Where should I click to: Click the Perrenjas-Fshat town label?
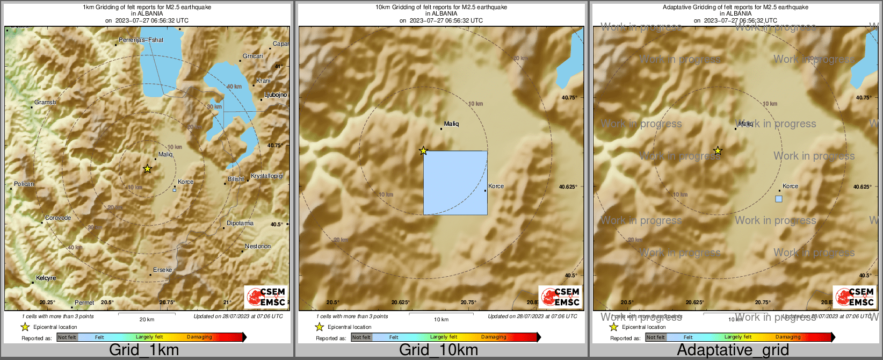141,40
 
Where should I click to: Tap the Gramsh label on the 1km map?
45,103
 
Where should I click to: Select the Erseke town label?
162,270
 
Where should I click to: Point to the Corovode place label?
57,218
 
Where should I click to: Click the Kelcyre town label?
46,278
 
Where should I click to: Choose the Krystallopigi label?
267,176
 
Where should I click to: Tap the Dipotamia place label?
240,224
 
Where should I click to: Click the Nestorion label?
258,247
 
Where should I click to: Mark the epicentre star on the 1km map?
147,169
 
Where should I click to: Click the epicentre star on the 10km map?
423,151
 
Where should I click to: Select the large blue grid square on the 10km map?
455,183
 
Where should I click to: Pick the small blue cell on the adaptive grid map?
779,199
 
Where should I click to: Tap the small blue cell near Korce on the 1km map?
174,190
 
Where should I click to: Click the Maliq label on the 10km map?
451,124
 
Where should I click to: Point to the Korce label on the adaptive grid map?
790,186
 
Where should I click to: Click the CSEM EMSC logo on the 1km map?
266,297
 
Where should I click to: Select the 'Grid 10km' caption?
438,350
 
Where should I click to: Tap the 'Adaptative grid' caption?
733,350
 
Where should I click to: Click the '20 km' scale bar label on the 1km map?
147,320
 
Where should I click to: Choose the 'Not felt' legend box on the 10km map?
361,337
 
